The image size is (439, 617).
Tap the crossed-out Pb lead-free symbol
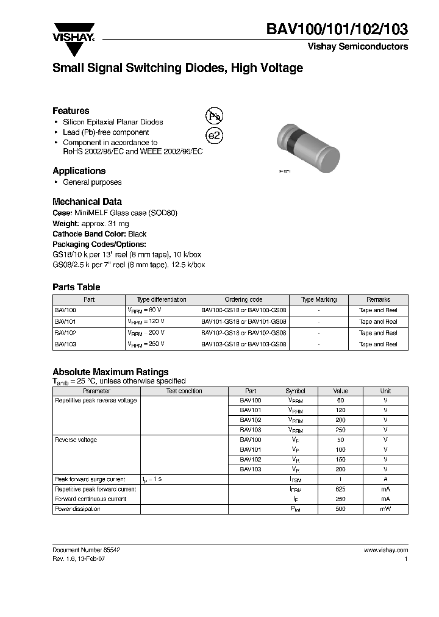[214, 116]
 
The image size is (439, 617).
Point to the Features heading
[71, 111]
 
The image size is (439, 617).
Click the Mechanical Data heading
[87, 201]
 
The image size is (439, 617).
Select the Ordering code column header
[243, 299]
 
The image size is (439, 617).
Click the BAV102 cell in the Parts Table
[65, 333]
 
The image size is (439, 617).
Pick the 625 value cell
[340, 489]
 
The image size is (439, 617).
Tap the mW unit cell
[385, 508]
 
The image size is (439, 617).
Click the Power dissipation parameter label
[77, 508]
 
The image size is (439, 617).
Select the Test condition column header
[184, 391]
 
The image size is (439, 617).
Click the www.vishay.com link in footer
[386, 549]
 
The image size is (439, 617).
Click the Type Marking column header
[319, 299]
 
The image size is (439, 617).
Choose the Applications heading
[79, 171]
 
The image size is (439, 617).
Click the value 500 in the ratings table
[340, 508]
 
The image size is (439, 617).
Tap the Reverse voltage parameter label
[76, 440]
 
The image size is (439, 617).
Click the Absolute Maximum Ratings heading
[110, 372]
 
